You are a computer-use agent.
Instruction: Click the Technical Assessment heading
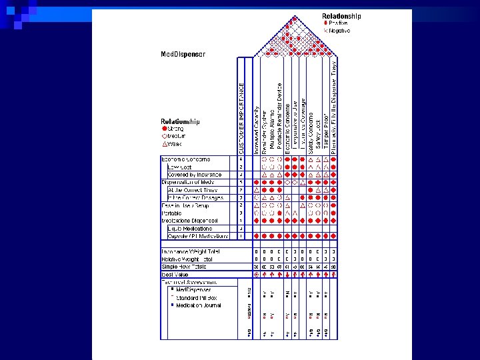pos(189,282)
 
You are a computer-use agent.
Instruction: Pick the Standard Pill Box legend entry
pos(193,297)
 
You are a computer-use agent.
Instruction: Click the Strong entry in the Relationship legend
pos(175,128)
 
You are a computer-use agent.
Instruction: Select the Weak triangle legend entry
pos(172,143)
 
